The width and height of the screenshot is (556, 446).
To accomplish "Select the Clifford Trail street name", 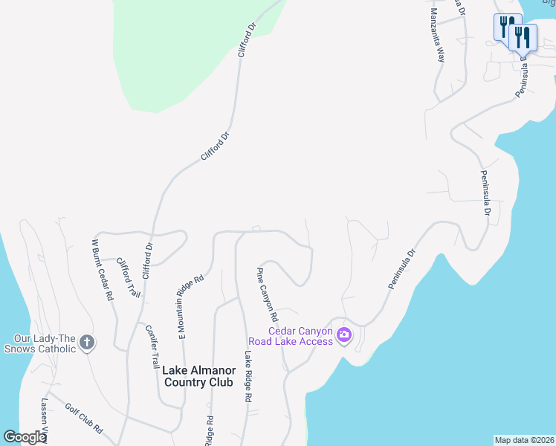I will click(x=128, y=278).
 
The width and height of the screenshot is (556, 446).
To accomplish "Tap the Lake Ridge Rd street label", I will click(x=245, y=377).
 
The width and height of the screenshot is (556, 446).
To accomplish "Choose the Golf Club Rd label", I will click(x=83, y=418).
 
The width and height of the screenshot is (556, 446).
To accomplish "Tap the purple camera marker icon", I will click(x=343, y=335).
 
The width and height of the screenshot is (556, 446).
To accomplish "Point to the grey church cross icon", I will click(x=87, y=343).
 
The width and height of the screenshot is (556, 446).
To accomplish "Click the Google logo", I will click(x=25, y=437).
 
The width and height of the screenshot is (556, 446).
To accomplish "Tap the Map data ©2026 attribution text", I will click(x=524, y=440).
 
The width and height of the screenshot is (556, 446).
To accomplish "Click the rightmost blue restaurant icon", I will click(x=523, y=35).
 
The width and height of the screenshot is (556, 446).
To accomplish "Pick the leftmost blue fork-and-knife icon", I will click(x=508, y=26).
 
